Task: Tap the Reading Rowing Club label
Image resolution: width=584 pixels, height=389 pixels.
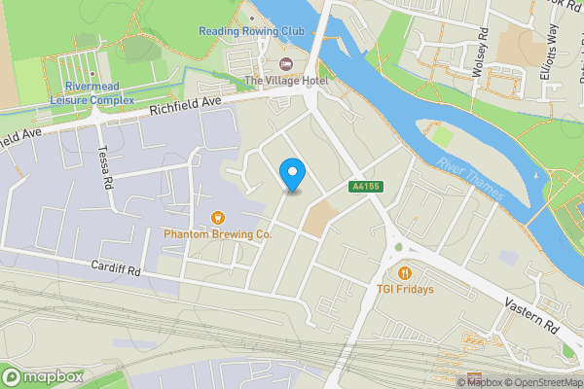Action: pyautogui.click(x=252, y=31)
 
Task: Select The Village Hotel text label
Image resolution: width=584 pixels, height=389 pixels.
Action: pyautogui.click(x=285, y=81)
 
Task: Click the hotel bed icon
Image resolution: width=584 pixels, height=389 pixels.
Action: pyautogui.click(x=285, y=64)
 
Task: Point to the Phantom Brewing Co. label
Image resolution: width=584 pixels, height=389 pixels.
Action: pyautogui.click(x=217, y=234)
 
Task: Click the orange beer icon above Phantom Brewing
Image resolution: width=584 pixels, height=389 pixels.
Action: pyautogui.click(x=217, y=217)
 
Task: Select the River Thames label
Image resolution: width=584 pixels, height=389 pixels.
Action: pyautogui.click(x=472, y=178)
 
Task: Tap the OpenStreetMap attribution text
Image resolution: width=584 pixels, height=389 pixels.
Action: pyautogui.click(x=543, y=383)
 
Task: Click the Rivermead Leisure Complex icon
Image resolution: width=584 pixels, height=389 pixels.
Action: pyautogui.click(x=92, y=74)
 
